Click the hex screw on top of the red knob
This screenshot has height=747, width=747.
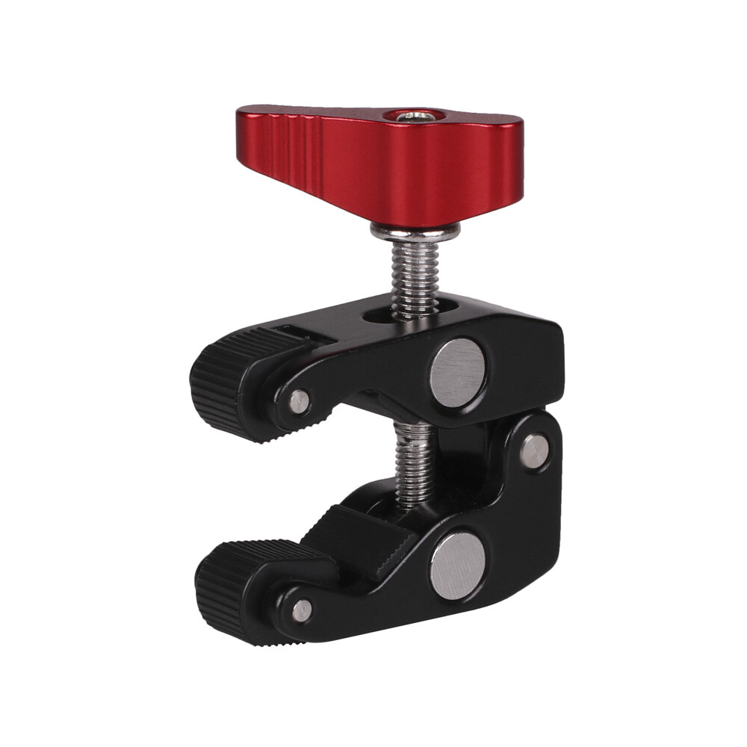click(416, 117)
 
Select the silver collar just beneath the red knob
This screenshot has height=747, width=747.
click(415, 232)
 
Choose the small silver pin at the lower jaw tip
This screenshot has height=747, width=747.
click(301, 610)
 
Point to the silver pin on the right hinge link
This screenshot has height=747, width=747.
click(533, 452)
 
